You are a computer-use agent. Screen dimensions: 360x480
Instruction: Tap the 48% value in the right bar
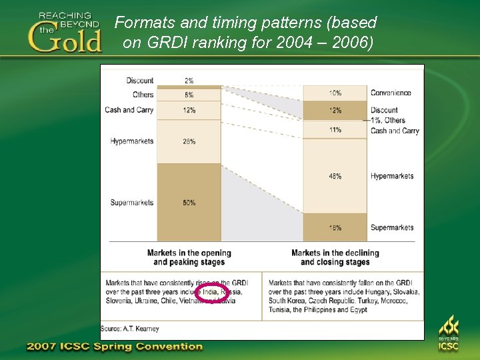[x=335, y=176]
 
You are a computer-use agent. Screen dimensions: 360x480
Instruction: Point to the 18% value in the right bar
[x=335, y=227]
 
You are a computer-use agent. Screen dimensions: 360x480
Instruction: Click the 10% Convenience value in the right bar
[x=335, y=93]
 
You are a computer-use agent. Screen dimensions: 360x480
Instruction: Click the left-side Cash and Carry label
[x=129, y=109]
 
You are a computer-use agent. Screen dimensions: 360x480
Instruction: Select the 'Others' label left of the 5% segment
[x=143, y=95]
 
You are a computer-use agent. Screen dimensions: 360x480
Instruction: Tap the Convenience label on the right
[x=391, y=93]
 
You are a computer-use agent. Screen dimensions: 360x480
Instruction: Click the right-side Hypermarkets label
[x=392, y=176]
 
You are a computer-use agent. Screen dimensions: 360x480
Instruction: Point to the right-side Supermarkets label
[x=392, y=227]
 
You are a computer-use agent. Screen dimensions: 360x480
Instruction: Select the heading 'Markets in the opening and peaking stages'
[x=189, y=257]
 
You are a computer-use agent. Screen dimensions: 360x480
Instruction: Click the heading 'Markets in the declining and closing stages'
[x=335, y=257]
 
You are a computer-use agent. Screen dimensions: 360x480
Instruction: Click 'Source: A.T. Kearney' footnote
[x=130, y=329]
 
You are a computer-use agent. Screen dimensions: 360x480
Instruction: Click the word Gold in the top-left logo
[x=65, y=39]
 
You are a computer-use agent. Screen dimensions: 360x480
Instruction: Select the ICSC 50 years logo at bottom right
[x=448, y=334]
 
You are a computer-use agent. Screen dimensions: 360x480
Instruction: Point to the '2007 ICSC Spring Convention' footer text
[x=114, y=347]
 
